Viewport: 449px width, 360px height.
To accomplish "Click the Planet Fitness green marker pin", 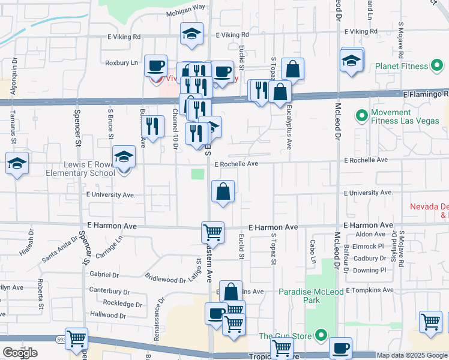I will click(438, 65).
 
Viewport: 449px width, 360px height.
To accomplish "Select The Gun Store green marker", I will click(321, 336).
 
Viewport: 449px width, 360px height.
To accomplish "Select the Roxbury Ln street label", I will click(122, 62).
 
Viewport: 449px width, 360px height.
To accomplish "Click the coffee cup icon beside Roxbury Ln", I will click(156, 65).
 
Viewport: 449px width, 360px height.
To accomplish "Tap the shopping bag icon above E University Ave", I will click(223, 192).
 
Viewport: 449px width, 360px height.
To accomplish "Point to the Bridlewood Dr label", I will click(166, 279).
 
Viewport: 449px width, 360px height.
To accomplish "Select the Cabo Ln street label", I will click(312, 250).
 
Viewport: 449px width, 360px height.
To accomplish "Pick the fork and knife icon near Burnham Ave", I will click(152, 126).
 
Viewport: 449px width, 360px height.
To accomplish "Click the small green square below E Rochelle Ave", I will click(197, 174).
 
